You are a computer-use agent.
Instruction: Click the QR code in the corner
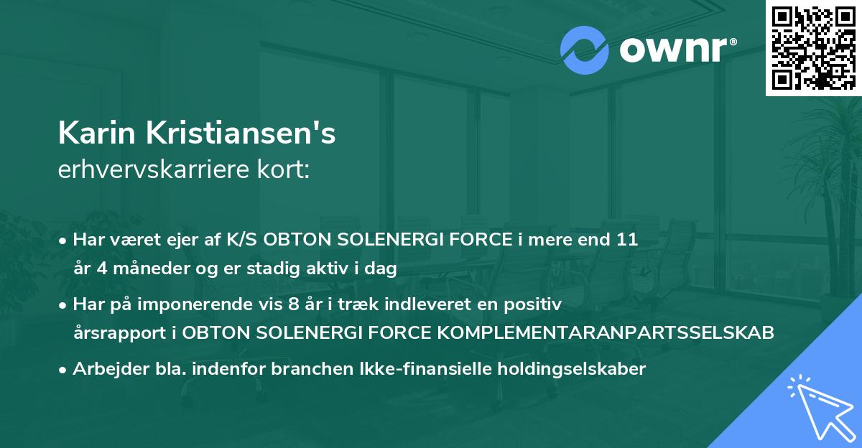813,47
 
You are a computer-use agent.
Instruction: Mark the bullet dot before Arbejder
64,370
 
